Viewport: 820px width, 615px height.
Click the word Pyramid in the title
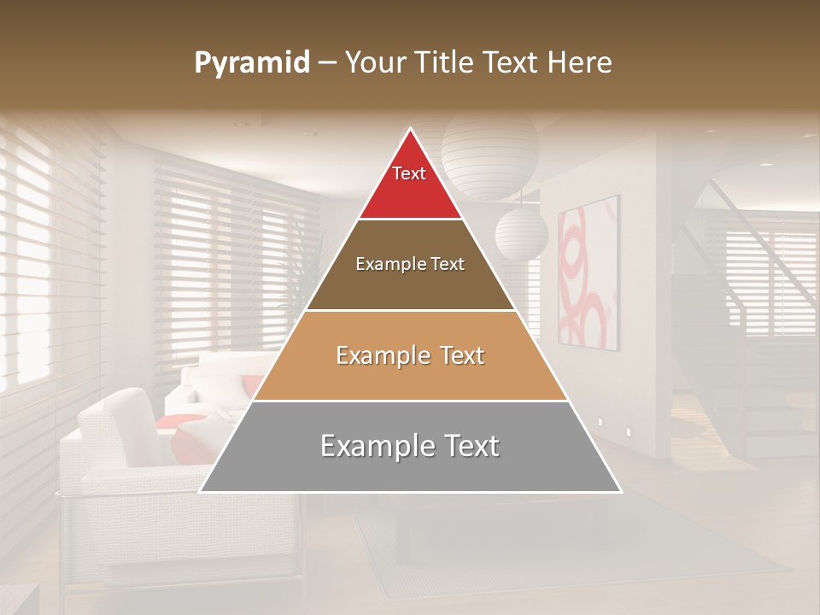click(252, 63)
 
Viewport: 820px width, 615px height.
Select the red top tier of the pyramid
click(410, 184)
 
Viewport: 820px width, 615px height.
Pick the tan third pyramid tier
click(410, 355)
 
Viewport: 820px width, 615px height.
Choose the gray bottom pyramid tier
click(410, 447)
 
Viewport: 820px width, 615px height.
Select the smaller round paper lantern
click(521, 232)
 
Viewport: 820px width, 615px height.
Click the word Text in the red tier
click(409, 173)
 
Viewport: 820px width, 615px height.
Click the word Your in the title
click(376, 63)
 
